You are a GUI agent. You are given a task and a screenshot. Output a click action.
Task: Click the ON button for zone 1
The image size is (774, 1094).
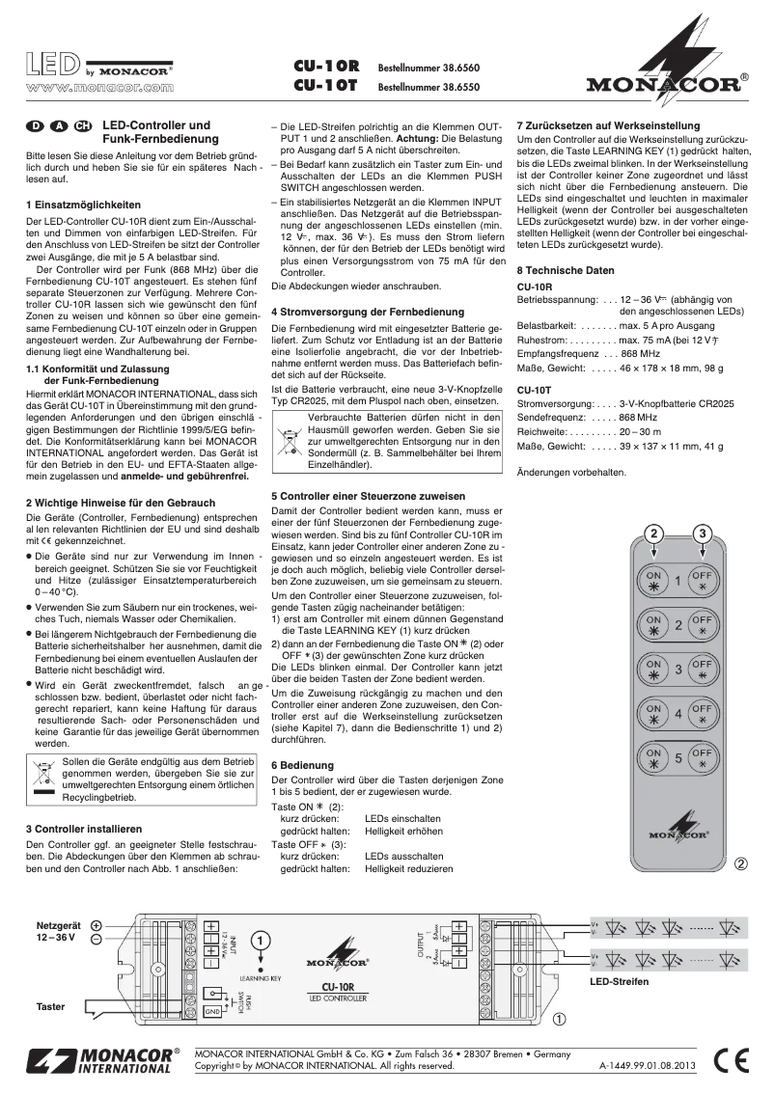click(x=653, y=581)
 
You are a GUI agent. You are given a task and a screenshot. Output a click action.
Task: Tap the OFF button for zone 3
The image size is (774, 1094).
click(x=703, y=669)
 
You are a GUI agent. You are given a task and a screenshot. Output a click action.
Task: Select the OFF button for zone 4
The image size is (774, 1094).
click(x=703, y=713)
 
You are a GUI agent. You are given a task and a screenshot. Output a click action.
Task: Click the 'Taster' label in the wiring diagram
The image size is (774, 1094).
click(x=50, y=1006)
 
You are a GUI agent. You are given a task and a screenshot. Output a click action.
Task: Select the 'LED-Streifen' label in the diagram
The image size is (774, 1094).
click(x=619, y=981)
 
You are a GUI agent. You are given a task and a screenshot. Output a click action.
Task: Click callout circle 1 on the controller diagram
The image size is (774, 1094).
click(x=260, y=940)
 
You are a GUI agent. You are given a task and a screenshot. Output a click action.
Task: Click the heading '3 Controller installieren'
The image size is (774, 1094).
click(x=85, y=829)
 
